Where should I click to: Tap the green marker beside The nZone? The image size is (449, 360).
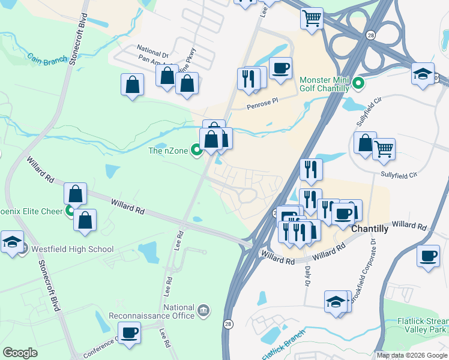coord(196,151)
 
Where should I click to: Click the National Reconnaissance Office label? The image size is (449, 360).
coord(151,312)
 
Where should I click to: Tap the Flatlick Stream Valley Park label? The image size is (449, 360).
coord(420,325)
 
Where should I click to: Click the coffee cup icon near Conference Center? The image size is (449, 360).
coord(130,332)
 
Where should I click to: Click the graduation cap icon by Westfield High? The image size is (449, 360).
coord(12,242)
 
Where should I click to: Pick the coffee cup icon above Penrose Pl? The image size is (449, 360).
coord(280,67)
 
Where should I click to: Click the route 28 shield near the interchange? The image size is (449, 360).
coord(371,35)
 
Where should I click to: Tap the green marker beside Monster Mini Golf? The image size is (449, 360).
coord(359,83)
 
